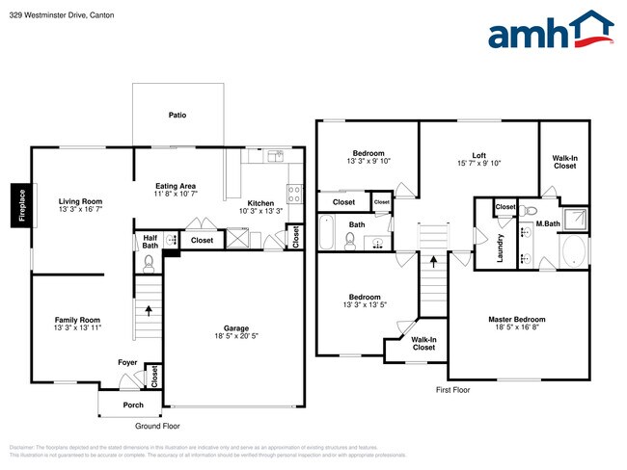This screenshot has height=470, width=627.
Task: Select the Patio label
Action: (x=177, y=116)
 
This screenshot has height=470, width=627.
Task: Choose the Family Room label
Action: (x=76, y=321)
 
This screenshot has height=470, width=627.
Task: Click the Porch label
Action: (x=132, y=405)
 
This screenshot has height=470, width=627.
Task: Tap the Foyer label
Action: (x=127, y=364)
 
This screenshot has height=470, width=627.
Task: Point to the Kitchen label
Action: (x=260, y=203)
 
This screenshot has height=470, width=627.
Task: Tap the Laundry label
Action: (x=502, y=248)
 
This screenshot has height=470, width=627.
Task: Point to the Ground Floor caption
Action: (x=158, y=426)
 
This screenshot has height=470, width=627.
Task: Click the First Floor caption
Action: (x=451, y=390)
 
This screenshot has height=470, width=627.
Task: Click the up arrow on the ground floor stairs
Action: (x=149, y=310)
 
